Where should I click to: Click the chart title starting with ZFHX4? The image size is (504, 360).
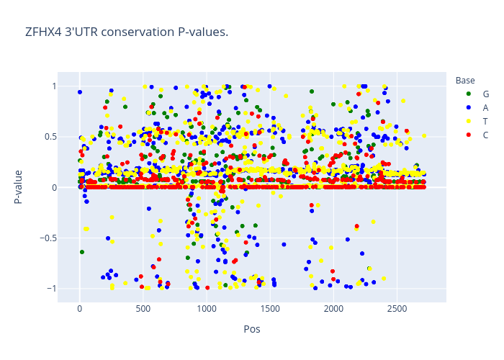(127, 32)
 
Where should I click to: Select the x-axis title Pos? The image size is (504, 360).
(252, 329)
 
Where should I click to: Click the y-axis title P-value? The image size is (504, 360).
(18, 187)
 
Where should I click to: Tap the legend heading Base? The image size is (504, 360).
(465, 81)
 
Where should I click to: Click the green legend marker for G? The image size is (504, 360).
(469, 94)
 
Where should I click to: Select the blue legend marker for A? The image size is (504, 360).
(469, 108)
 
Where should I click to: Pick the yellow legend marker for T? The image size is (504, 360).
(469, 121)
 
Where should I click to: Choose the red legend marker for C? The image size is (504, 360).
(469, 135)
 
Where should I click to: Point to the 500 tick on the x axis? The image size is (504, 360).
(143, 309)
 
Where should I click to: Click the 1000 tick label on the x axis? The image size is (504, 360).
(207, 309)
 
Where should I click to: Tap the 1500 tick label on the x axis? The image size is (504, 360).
(270, 309)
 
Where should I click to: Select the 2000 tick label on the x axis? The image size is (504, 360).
(333, 309)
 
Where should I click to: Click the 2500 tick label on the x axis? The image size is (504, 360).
(397, 309)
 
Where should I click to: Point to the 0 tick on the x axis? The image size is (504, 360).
(80, 309)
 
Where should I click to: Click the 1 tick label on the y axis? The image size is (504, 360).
(54, 86)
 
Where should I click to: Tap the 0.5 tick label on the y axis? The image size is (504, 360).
(50, 137)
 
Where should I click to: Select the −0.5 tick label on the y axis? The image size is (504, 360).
(48, 238)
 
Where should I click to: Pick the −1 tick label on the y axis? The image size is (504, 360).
(52, 289)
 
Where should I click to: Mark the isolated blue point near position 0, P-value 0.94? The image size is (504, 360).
(80, 92)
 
